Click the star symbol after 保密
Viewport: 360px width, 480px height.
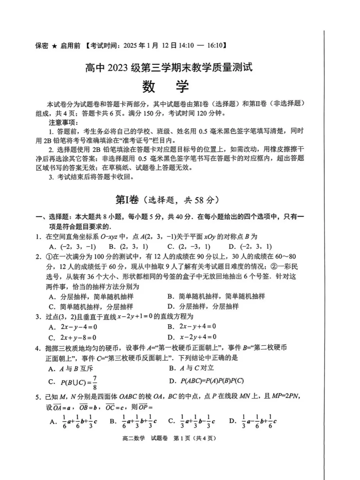[54, 46]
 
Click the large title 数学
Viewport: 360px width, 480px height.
[166, 86]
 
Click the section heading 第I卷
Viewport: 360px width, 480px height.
[127, 200]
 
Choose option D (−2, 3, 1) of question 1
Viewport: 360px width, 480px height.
[250, 247]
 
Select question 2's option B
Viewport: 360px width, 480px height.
[216, 296]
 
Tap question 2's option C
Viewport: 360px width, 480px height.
[91, 307]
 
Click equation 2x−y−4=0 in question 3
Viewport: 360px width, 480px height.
[79, 327]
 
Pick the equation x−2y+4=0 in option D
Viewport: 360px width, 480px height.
[198, 337]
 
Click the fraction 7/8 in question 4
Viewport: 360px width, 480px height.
[95, 382]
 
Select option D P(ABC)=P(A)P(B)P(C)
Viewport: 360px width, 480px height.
[212, 381]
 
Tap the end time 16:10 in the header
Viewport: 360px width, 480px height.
[215, 46]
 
